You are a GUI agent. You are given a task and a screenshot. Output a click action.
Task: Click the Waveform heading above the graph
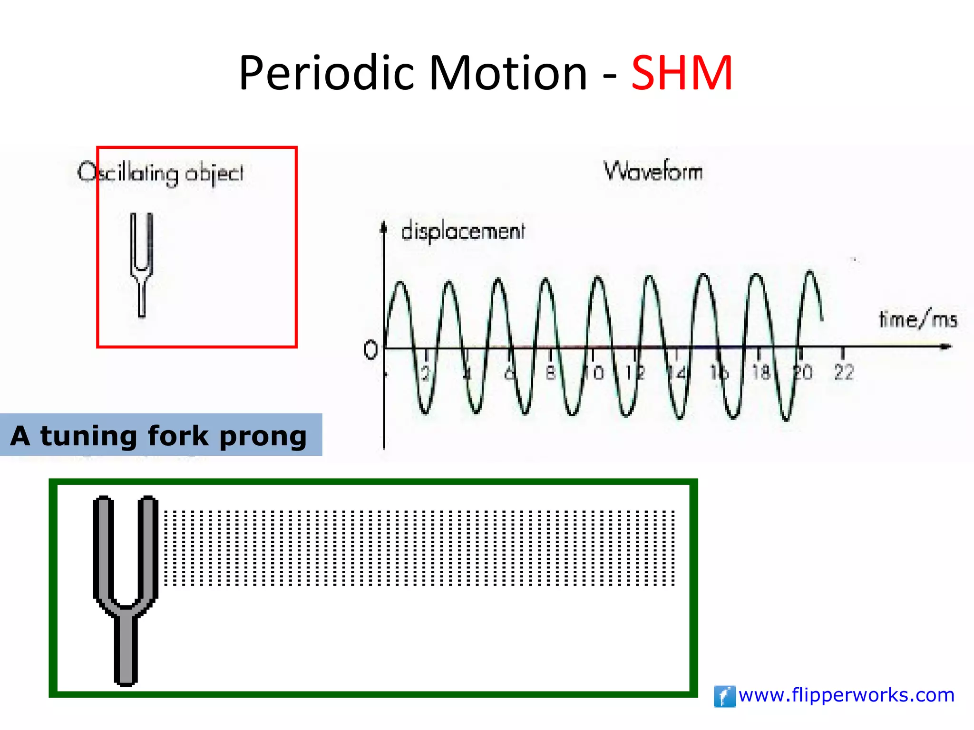pyautogui.click(x=653, y=171)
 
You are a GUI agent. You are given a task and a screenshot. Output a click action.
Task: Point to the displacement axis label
pyautogui.click(x=463, y=231)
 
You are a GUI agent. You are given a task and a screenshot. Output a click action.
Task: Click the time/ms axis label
pyautogui.click(x=917, y=319)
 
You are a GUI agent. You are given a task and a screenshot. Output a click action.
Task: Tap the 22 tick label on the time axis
pyautogui.click(x=844, y=372)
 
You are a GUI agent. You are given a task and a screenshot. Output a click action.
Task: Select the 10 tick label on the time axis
pyautogui.click(x=594, y=373)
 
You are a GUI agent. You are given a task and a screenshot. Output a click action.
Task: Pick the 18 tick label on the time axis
pyautogui.click(x=761, y=372)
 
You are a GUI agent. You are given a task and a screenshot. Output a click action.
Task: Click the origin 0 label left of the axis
pyautogui.click(x=370, y=350)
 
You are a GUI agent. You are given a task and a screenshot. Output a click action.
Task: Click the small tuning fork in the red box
pyautogui.click(x=142, y=264)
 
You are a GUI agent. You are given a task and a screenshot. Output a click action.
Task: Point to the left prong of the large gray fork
pyautogui.click(x=103, y=547)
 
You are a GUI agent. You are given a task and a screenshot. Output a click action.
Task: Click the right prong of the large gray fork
pyautogui.click(x=149, y=547)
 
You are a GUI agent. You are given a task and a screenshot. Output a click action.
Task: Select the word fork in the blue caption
pyautogui.click(x=178, y=436)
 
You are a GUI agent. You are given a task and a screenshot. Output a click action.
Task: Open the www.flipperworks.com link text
pyautogui.click(x=847, y=695)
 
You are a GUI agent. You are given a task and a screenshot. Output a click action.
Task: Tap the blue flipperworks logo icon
pyautogui.click(x=724, y=696)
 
